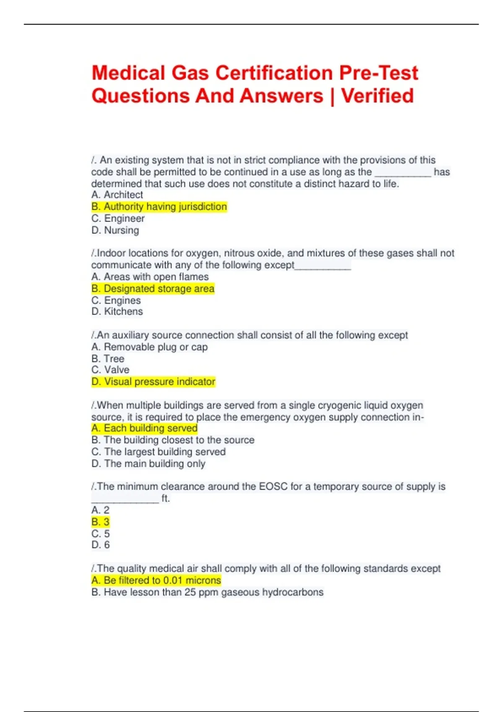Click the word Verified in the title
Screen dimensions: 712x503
point(377,96)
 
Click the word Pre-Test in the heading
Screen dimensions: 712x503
point(379,73)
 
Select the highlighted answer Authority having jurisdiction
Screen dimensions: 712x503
point(159,206)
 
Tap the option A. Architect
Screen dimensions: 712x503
point(117,195)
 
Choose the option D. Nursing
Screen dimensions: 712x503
point(115,230)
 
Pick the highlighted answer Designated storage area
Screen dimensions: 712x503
point(153,289)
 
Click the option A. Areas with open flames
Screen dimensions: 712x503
point(150,277)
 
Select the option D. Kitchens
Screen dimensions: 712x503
point(117,312)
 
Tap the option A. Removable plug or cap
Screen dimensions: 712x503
point(150,347)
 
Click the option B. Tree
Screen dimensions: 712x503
point(108,359)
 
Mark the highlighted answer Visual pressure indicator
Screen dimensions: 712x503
point(153,382)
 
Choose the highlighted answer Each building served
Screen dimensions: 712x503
point(145,428)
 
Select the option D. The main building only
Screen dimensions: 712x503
point(148,464)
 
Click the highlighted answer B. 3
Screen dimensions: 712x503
point(101,522)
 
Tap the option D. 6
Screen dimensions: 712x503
point(101,545)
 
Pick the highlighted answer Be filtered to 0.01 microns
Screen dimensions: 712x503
point(156,580)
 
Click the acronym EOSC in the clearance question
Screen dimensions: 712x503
point(273,487)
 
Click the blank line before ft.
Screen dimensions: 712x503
point(125,499)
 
